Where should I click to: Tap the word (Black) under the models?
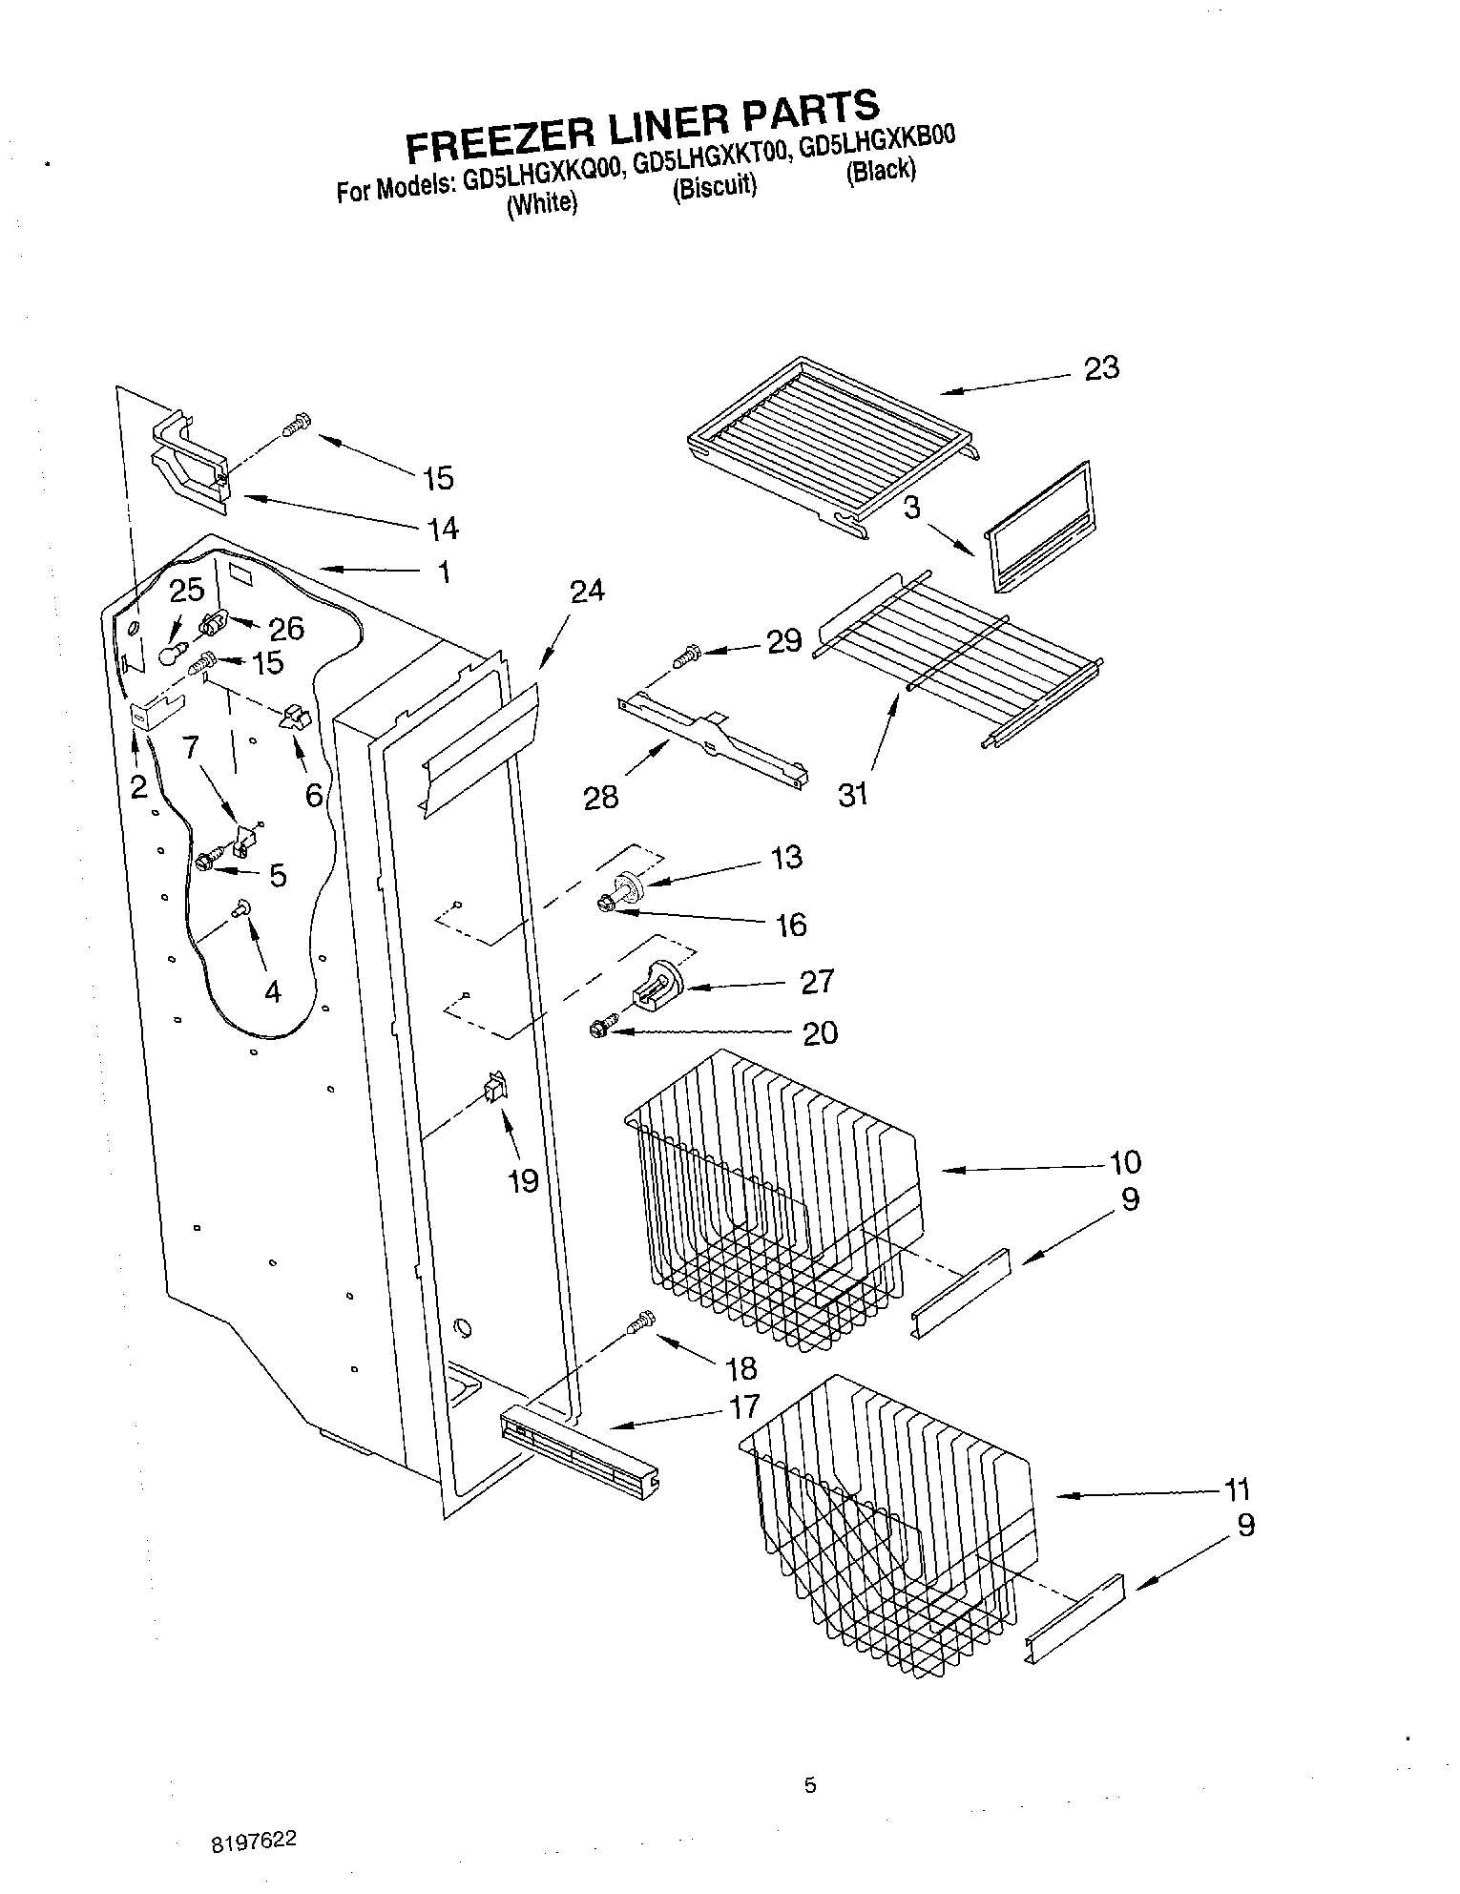coord(881,170)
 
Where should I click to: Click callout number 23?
coord(1101,368)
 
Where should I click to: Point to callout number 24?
coord(587,592)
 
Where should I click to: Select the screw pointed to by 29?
coord(687,656)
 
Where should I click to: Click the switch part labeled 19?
coord(495,1088)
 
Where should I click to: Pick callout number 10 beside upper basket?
coord(1125,1162)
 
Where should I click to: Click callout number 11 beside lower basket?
coord(1236,1489)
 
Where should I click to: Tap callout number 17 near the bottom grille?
coord(743,1405)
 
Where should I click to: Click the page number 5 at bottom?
coord(810,1786)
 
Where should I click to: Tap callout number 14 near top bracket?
coord(444,528)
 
